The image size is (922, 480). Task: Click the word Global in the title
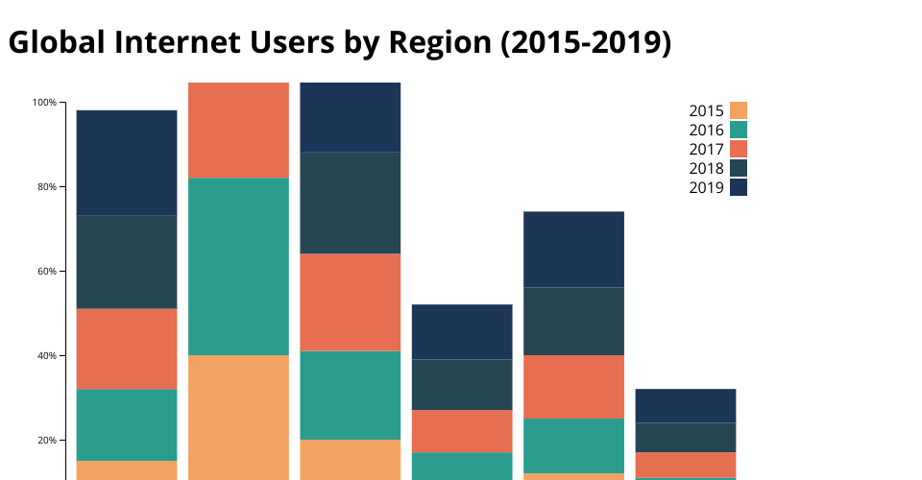pyautogui.click(x=57, y=43)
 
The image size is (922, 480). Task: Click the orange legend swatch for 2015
pyautogui.click(x=739, y=110)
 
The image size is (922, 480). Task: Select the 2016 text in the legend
pyautogui.click(x=706, y=130)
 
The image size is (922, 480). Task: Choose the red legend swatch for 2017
pyautogui.click(x=739, y=149)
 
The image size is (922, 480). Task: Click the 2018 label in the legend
pyautogui.click(x=706, y=168)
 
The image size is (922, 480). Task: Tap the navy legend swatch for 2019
pyautogui.click(x=739, y=187)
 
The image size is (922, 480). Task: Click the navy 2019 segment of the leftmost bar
pyautogui.click(x=127, y=162)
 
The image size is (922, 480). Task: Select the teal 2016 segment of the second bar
pyautogui.click(x=239, y=266)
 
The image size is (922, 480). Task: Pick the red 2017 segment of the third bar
pyautogui.click(x=351, y=301)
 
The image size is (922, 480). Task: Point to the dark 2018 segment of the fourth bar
pyautogui.click(x=462, y=384)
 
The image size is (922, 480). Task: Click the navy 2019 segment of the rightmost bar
pyautogui.click(x=686, y=405)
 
